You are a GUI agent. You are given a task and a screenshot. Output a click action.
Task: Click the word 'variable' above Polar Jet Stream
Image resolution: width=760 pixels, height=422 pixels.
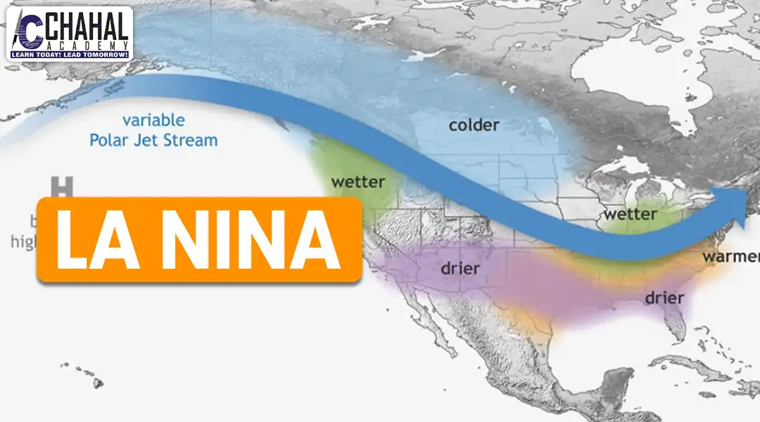153,120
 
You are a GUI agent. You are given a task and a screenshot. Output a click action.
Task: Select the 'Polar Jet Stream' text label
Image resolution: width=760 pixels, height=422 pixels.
153,140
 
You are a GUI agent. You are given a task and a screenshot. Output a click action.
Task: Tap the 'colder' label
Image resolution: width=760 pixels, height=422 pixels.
474,125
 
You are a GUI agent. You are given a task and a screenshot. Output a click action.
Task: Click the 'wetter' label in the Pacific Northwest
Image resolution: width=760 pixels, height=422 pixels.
357,182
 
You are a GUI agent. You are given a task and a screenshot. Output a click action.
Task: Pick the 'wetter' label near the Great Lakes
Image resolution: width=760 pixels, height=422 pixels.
631,212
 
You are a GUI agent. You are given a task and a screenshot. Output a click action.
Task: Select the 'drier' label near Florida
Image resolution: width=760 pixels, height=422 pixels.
664,298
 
